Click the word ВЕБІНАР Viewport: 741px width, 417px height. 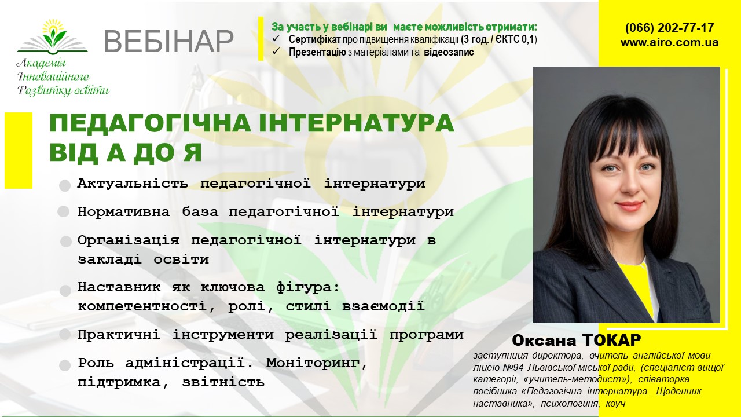click(x=168, y=42)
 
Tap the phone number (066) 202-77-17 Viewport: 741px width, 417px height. click(x=670, y=27)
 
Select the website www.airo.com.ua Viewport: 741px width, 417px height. click(x=670, y=43)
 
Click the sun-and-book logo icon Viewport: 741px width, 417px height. click(x=53, y=37)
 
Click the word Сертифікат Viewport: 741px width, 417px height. click(x=314, y=39)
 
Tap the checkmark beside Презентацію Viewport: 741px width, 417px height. click(x=276, y=52)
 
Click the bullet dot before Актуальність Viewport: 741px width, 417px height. click(x=65, y=186)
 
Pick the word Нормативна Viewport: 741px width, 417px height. click(x=124, y=211)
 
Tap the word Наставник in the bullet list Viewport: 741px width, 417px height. click(x=119, y=287)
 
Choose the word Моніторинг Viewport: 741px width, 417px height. click(x=317, y=364)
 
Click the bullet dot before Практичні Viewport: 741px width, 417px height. click(x=64, y=335)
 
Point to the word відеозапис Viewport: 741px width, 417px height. click(x=449, y=52)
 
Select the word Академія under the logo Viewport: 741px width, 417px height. click(x=41, y=63)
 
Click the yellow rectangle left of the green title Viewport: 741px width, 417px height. click(x=19, y=151)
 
